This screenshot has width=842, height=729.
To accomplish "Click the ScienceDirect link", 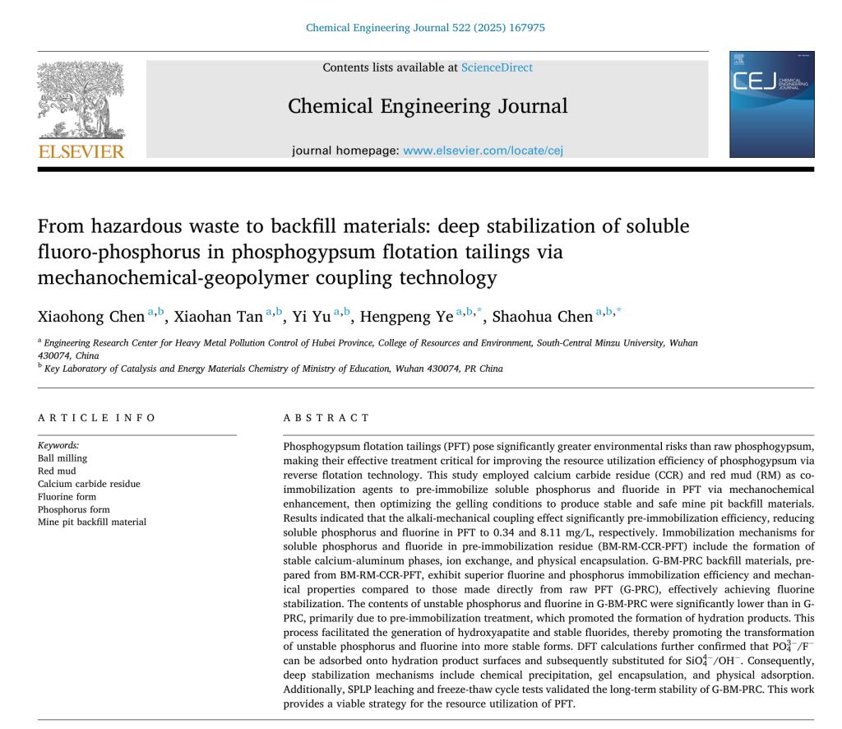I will [x=497, y=67].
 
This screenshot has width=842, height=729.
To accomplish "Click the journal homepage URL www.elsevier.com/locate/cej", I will [x=483, y=151].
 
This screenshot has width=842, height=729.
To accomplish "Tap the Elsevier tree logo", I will [x=81, y=100].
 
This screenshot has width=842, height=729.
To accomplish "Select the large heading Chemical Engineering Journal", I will [x=428, y=106].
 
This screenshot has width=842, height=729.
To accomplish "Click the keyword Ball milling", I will [x=62, y=458].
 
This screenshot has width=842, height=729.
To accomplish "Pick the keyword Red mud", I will [x=57, y=471].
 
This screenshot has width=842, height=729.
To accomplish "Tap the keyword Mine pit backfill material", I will [x=92, y=522].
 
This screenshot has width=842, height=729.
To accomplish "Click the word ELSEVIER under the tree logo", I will [x=81, y=151].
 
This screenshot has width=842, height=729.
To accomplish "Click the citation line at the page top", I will [x=425, y=27].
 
